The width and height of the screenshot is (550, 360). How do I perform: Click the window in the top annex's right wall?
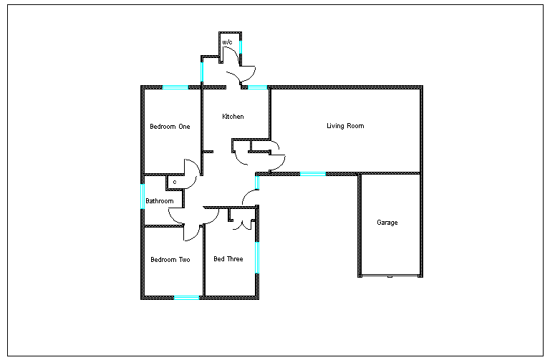pyautogui.click(x=241, y=47)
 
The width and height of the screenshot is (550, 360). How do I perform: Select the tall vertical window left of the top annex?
pyautogui.click(x=202, y=72)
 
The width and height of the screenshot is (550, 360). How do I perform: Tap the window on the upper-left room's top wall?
pyautogui.click(x=175, y=87)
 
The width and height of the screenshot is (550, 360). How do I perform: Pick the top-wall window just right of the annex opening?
pyautogui.click(x=257, y=87)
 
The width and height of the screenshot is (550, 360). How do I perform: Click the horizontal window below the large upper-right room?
pyautogui.click(x=313, y=174)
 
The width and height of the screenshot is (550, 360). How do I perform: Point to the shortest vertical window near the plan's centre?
pyautogui.click(x=257, y=183)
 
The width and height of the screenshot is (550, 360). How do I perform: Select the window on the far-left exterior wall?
pyautogui.click(x=143, y=196)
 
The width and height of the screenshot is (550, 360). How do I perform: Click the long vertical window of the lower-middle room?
pyautogui.click(x=257, y=258)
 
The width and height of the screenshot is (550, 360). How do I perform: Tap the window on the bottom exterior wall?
pyautogui.click(x=186, y=298)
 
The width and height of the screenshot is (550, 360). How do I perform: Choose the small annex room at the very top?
pyautogui.click(x=230, y=47)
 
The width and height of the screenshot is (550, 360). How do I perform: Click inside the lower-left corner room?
pyautogui.click(x=173, y=262)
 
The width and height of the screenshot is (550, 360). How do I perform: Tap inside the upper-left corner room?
pyautogui.click(x=172, y=130)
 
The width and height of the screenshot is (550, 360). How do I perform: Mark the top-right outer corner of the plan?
pyautogui.click(x=421, y=87)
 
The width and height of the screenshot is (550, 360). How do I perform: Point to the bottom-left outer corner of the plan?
pyautogui.click(x=143, y=298)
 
